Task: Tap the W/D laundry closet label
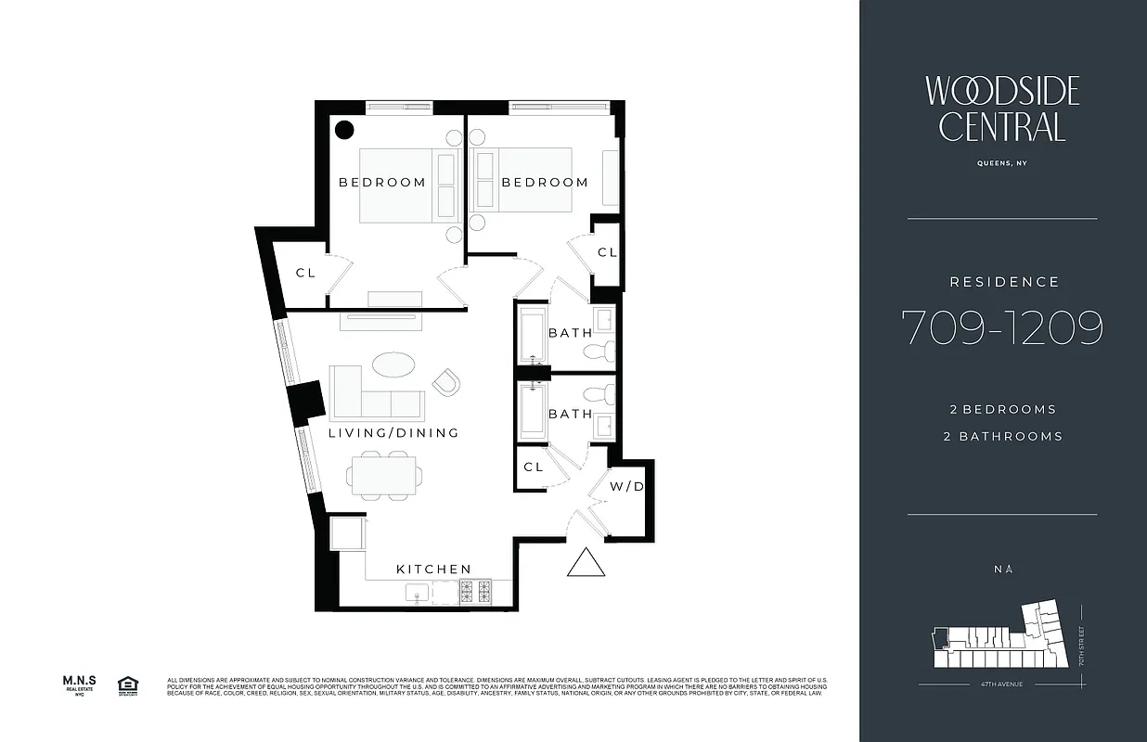[626, 487]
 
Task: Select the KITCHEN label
[433, 569]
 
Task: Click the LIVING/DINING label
[393, 433]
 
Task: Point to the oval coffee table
[393, 364]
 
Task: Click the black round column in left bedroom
[343, 130]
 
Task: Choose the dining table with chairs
[385, 476]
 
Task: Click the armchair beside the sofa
[445, 381]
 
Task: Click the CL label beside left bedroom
[305, 273]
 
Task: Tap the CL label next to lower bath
[533, 467]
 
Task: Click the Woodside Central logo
[1002, 109]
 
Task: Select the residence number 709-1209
[1002, 327]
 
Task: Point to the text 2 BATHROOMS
[1002, 436]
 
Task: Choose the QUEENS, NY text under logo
[1002, 163]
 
